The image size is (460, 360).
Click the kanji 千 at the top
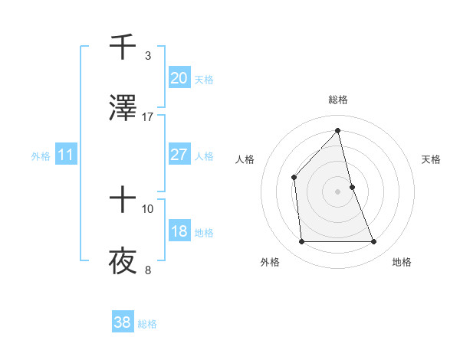tap(123, 47)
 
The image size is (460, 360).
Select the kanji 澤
tap(123, 109)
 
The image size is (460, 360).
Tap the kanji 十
tap(123, 201)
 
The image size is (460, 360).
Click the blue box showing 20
tap(179, 78)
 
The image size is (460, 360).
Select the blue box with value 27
tap(179, 155)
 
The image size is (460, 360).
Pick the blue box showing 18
tap(179, 231)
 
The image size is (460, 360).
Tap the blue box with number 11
tap(66, 155)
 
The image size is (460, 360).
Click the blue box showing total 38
tap(123, 322)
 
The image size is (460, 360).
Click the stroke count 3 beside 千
tap(148, 55)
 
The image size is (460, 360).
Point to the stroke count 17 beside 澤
tap(148, 116)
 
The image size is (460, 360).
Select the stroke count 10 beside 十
tap(148, 208)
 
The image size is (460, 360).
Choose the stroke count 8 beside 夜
tap(148, 270)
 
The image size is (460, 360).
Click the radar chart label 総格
tap(338, 100)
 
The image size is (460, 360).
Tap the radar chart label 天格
tap(432, 159)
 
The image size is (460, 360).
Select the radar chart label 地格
tap(402, 262)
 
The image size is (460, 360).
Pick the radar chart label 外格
tap(270, 262)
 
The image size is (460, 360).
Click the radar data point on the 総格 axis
tap(338, 130)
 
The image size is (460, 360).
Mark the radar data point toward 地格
tap(374, 242)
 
